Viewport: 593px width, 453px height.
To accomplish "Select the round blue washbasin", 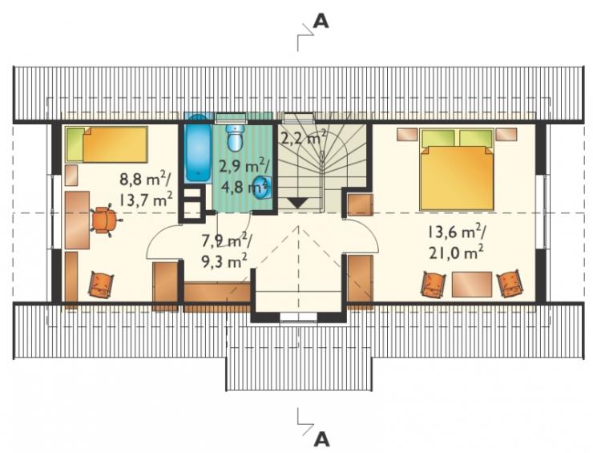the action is [262, 188].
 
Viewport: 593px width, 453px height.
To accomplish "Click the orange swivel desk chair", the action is [104, 220].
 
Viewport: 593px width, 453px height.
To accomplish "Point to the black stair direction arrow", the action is [298, 203].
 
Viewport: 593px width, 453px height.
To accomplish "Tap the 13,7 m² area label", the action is [146, 199].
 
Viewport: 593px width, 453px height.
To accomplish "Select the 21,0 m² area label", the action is [456, 253].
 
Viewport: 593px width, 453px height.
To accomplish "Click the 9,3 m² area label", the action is [224, 261].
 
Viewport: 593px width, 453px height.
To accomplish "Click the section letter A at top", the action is [321, 22].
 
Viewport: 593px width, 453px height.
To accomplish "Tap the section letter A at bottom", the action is [322, 439].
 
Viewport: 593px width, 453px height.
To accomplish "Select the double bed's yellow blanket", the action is [458, 178].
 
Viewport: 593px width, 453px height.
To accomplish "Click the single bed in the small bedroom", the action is [107, 144].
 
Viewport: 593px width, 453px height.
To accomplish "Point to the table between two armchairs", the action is [472, 284].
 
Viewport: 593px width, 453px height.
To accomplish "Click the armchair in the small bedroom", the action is [101, 284].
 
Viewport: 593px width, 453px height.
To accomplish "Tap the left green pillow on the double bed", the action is [438, 139].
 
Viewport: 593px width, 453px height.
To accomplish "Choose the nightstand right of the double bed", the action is [506, 134].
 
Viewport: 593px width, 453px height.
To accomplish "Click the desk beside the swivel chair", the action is [77, 220].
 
